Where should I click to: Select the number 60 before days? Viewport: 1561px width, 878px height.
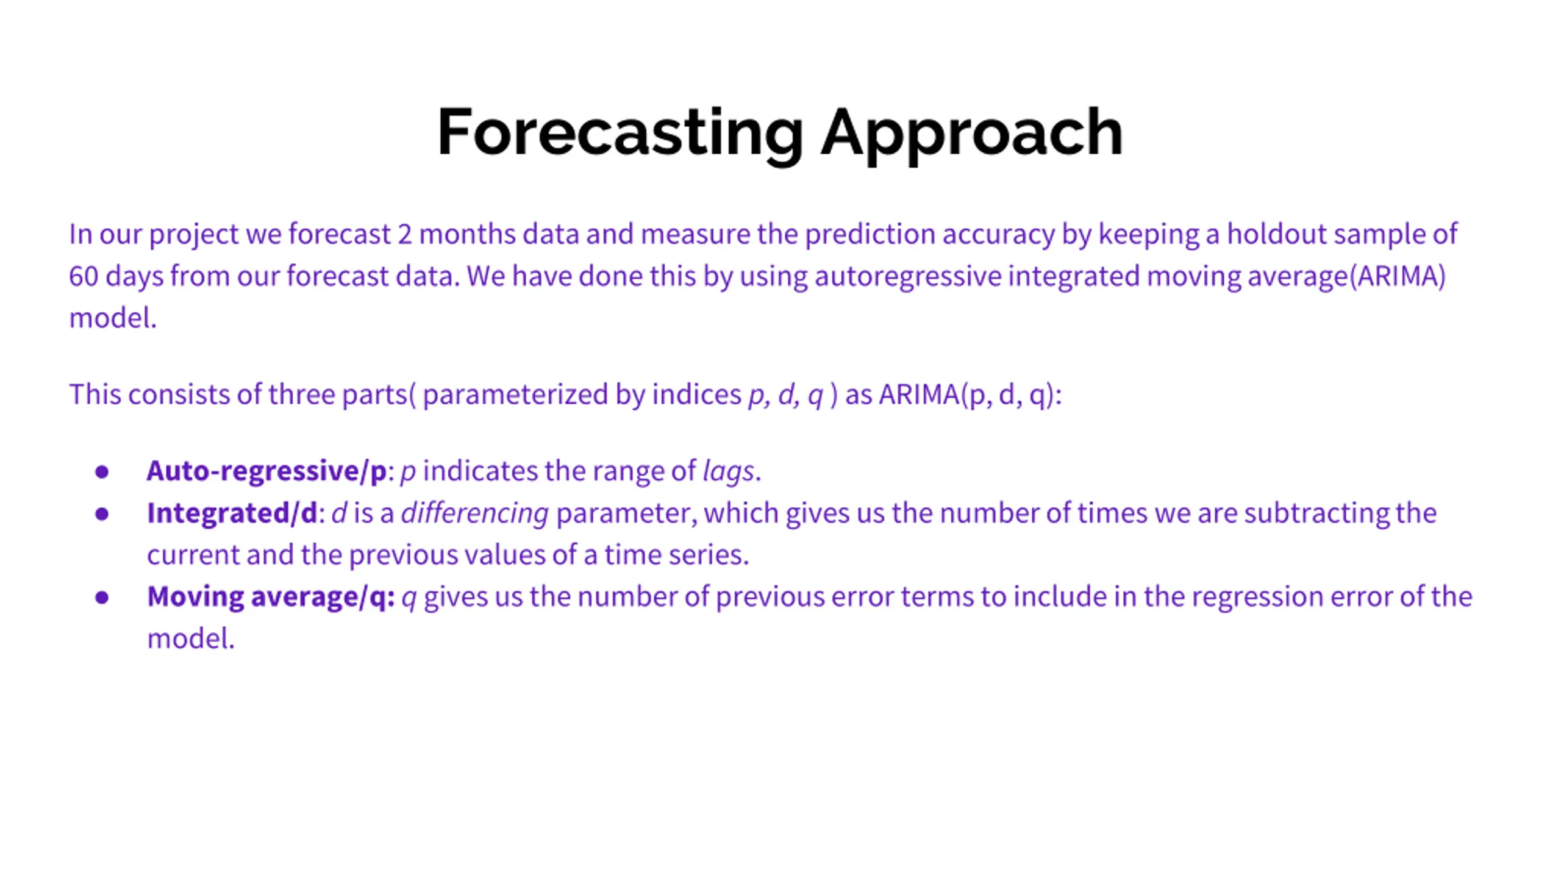(84, 276)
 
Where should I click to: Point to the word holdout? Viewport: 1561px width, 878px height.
(1276, 234)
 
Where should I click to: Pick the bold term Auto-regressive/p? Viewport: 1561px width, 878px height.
(266, 471)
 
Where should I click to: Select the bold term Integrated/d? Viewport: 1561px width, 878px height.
(232, 513)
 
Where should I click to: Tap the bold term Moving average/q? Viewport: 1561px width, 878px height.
(271, 597)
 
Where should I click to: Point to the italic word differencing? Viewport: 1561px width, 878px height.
(475, 513)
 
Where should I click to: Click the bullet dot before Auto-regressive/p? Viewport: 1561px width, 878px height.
(102, 472)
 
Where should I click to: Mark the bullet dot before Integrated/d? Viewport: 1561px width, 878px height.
(102, 514)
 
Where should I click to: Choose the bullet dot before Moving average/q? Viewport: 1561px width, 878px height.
(102, 598)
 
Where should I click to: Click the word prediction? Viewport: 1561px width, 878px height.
(870, 235)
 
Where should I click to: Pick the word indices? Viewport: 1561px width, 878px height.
(696, 395)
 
